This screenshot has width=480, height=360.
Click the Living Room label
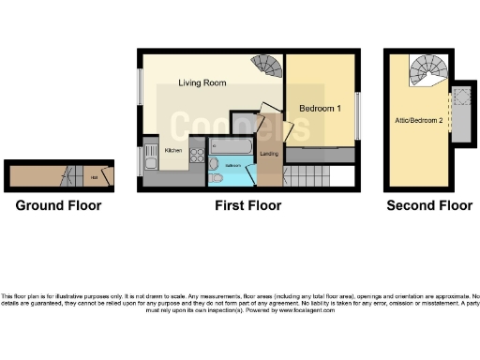(x=203, y=83)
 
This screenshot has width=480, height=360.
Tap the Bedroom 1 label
(x=319, y=109)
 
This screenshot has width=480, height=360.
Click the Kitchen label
(x=173, y=150)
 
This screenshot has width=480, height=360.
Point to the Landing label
(x=267, y=154)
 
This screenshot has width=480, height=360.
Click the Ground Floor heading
(x=58, y=205)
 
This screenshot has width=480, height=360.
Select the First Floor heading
(x=247, y=205)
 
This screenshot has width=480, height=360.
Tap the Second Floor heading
(x=429, y=205)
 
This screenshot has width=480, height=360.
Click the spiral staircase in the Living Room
(x=267, y=67)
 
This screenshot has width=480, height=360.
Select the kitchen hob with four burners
(x=197, y=157)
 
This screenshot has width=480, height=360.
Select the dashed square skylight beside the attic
(x=461, y=100)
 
